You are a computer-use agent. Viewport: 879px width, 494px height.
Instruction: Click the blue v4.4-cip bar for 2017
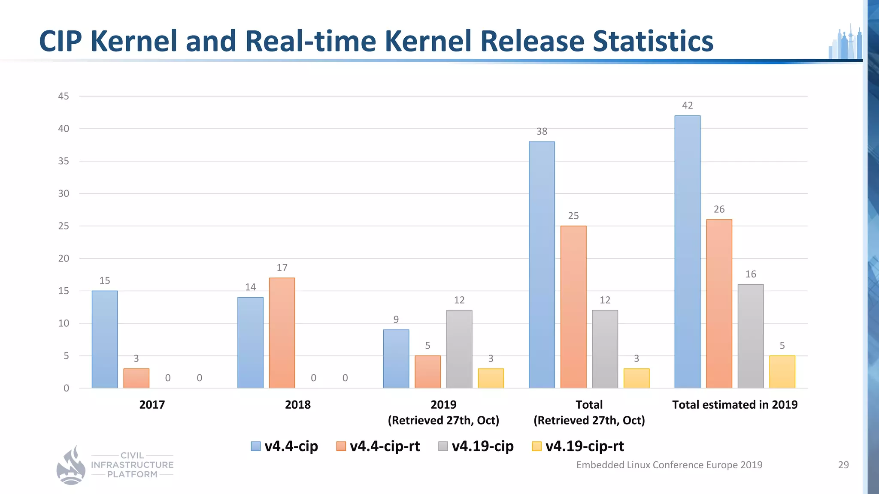coord(104,340)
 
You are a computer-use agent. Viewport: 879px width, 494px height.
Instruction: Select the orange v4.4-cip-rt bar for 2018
coord(282,333)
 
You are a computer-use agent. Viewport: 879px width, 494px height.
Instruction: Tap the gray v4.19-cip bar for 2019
coord(459,349)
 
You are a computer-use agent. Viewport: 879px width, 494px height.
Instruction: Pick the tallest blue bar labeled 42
coord(687,252)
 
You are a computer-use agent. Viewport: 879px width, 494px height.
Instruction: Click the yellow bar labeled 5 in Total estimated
coord(782,372)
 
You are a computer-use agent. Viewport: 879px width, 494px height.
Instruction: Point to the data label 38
coord(542,132)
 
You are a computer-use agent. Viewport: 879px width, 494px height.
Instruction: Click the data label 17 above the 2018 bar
coord(282,268)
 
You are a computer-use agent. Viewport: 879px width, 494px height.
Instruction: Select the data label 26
coord(719,209)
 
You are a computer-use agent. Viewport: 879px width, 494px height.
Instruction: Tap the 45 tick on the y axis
coord(64,96)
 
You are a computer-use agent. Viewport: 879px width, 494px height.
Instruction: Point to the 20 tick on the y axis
coord(64,258)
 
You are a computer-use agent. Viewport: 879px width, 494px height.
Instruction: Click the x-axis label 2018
coord(297,404)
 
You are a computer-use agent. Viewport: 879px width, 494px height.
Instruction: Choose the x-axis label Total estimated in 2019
coord(734,404)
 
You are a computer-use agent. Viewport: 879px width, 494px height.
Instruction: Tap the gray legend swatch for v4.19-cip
coord(443,446)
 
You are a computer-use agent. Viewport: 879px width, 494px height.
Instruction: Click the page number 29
coord(843,465)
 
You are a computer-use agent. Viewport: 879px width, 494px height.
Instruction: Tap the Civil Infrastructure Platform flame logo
coord(71,466)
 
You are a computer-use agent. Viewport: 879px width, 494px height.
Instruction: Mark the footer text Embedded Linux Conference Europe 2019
coord(669,465)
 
